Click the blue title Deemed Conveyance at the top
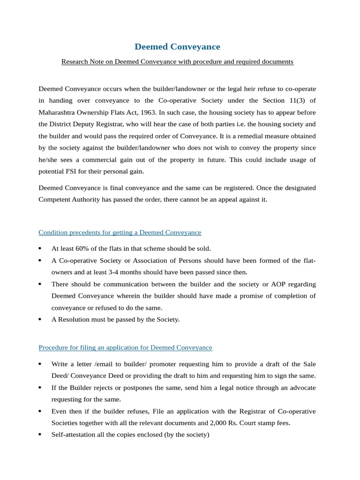(177, 47)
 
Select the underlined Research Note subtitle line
(177, 62)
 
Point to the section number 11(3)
(296, 100)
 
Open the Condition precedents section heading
(120, 232)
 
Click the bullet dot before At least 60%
(40, 248)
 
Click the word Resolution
(75, 320)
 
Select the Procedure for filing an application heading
(125, 348)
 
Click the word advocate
(300, 388)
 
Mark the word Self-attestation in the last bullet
(75, 435)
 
